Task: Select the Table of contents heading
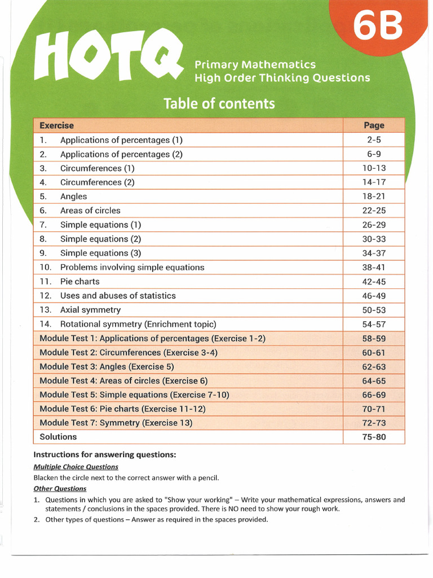(219, 104)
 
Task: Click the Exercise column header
(56, 125)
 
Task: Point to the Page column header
(374, 125)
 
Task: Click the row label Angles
(74, 196)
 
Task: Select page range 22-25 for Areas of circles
(374, 211)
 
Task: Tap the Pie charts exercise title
(80, 281)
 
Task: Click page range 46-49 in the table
(374, 295)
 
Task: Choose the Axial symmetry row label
(90, 310)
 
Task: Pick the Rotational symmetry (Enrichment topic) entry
(138, 324)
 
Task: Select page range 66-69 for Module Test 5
(374, 395)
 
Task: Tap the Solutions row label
(58, 436)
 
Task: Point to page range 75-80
(374, 436)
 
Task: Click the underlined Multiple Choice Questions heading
(76, 467)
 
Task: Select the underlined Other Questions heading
(60, 488)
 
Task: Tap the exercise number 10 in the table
(45, 267)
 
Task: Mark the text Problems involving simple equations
(132, 267)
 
